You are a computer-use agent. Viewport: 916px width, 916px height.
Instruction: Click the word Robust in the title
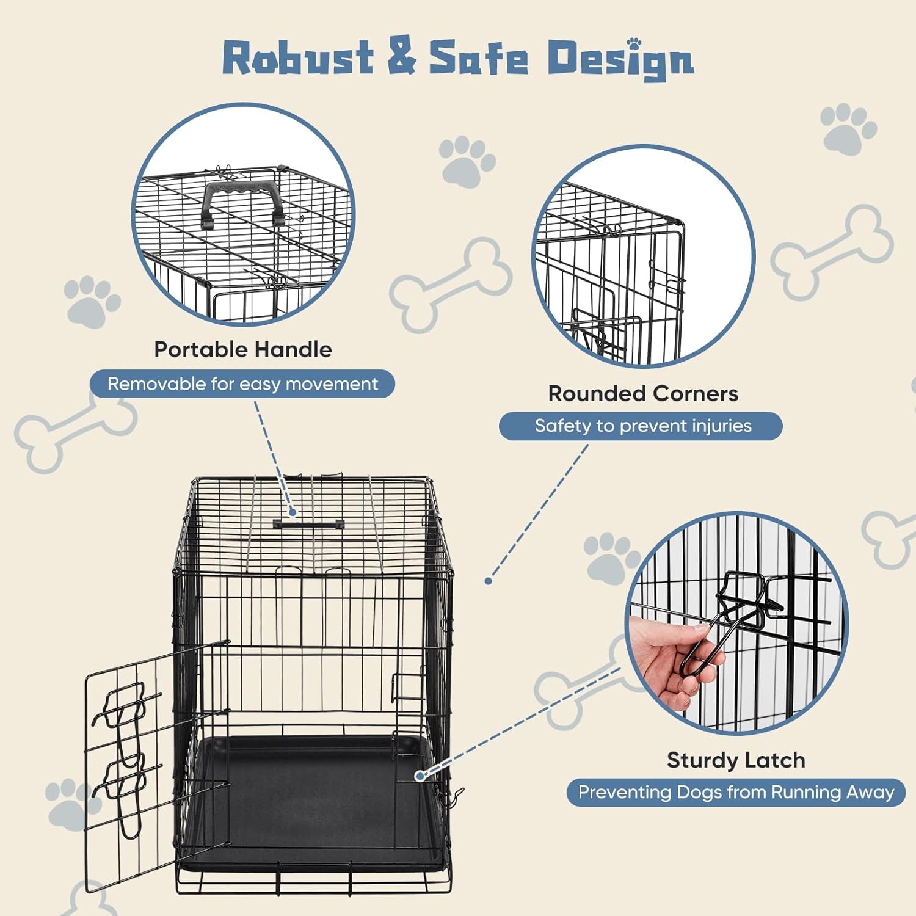(x=298, y=58)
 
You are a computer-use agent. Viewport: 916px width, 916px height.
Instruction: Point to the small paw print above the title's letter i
(x=635, y=43)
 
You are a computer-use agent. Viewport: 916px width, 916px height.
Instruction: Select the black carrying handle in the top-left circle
(x=242, y=202)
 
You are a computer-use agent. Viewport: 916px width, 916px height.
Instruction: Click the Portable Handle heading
(x=243, y=349)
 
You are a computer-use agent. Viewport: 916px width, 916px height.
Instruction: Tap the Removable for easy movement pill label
(x=242, y=384)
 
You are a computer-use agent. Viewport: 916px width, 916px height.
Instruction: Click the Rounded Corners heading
(x=643, y=393)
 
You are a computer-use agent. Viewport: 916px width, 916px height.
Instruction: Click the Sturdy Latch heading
(x=736, y=760)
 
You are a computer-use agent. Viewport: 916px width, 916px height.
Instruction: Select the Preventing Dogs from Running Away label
(x=736, y=792)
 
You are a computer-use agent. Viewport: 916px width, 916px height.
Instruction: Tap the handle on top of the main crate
(x=309, y=524)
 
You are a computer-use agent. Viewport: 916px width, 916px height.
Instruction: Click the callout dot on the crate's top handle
(x=293, y=512)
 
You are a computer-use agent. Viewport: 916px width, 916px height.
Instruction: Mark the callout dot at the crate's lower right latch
(x=420, y=776)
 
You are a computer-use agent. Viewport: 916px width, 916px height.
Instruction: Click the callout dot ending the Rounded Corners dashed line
(x=489, y=581)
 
